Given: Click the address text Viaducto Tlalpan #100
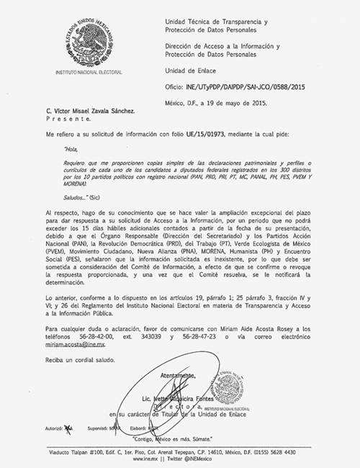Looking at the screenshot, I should [x=78, y=452].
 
